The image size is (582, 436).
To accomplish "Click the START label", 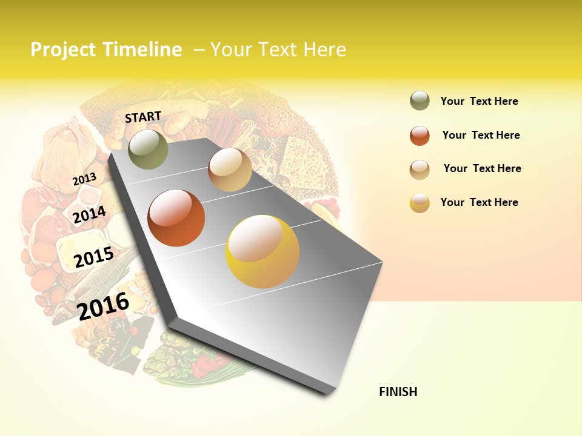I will click(143, 117).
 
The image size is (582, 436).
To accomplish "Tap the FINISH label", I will click(398, 392).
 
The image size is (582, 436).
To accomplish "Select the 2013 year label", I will click(84, 179).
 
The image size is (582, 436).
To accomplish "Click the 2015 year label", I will click(94, 257).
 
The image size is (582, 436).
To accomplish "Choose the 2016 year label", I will click(103, 306).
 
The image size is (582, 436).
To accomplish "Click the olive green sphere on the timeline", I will click(148, 149).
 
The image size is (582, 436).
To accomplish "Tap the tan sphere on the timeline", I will click(230, 170).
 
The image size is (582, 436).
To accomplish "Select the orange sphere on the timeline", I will click(176, 218).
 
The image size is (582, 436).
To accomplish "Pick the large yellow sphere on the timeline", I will click(263, 251).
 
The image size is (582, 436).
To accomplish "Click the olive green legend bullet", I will click(420, 101).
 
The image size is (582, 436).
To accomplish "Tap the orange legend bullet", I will click(420, 136).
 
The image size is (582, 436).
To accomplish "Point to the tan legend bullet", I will click(420, 170).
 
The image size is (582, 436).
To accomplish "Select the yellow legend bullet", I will click(420, 203).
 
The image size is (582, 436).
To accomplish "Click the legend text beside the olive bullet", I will click(479, 101).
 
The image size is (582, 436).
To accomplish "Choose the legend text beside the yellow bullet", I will click(479, 202).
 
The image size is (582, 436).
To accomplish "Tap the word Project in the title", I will click(63, 50).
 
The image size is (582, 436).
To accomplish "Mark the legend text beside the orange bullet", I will click(481, 135).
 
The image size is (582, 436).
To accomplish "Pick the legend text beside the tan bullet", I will click(482, 168).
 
